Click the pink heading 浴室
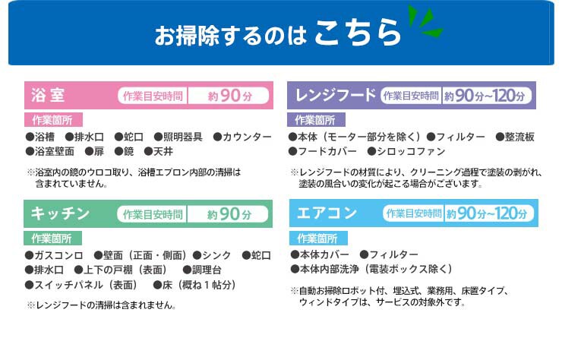coord(48,96)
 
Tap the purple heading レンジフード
coord(336,95)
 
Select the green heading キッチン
coord(60,213)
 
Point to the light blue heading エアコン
coord(327,213)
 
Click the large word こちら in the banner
coord(358,33)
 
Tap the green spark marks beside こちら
coord(425,21)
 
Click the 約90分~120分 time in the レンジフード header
coord(485,96)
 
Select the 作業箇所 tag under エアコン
coord(318,238)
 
